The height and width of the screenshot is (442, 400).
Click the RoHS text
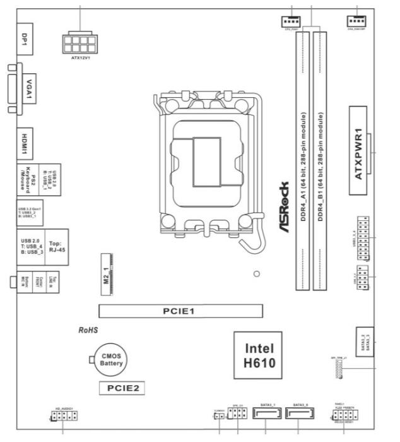pos(90,330)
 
